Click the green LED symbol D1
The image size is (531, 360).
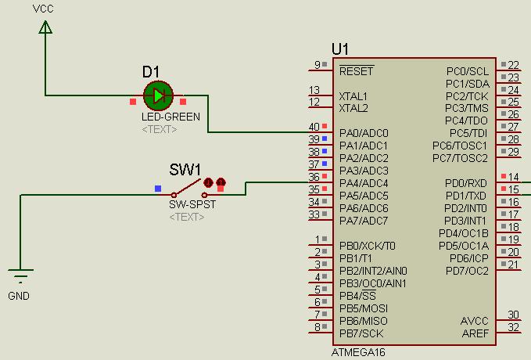coord(158,96)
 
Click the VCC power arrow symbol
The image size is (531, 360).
coord(45,27)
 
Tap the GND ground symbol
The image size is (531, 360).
coord(20,276)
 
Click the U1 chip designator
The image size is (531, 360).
coord(340,49)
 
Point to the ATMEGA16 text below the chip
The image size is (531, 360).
coord(358,352)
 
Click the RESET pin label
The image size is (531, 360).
coord(357,71)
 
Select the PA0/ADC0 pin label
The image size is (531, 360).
coord(364,133)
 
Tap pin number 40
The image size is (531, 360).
coord(314,127)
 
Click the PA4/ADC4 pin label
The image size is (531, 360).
coord(364,183)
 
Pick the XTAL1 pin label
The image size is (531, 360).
coord(353,96)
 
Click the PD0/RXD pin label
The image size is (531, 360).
coord(466,183)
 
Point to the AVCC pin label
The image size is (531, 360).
coord(475,321)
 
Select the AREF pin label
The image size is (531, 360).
coord(475,333)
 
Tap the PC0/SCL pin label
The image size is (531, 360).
coord(467,71)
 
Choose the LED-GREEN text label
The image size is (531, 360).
coord(165,117)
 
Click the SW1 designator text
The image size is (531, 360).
coord(185,170)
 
